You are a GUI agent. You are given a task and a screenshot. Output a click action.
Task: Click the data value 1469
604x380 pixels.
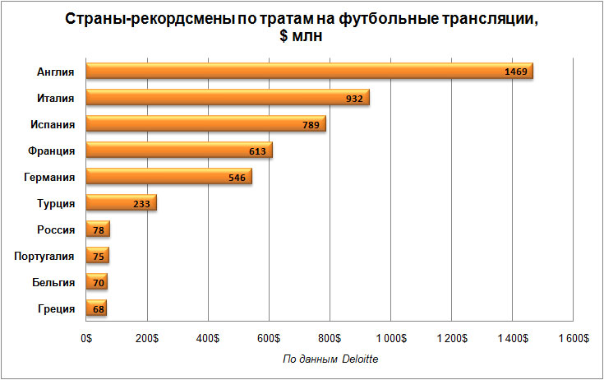[516, 72]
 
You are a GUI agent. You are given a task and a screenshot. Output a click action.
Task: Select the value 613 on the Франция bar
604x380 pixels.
[256, 151]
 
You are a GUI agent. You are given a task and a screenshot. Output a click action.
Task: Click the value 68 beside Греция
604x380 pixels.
[98, 309]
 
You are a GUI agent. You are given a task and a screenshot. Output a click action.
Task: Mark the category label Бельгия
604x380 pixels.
[53, 282]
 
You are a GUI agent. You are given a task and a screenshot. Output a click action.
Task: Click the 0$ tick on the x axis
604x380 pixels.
[86, 338]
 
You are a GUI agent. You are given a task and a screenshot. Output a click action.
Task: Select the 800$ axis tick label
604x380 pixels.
[330, 338]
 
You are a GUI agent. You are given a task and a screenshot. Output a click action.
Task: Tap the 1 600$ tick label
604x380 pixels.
[573, 338]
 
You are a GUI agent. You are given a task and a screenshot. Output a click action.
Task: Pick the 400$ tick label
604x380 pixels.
[208, 338]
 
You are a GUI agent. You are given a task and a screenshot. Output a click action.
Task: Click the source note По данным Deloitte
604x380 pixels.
[330, 359]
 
